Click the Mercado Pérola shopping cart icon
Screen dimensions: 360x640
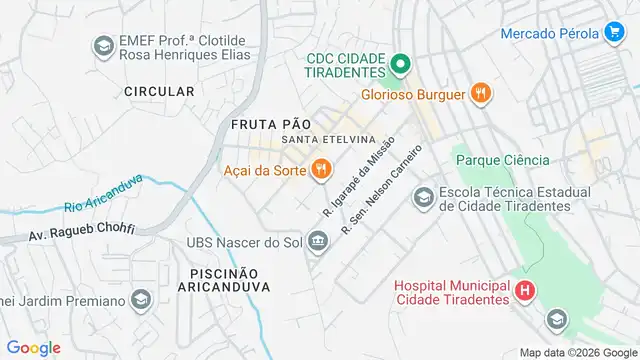coord(614,32)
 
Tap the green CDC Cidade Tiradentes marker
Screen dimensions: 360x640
coord(399,67)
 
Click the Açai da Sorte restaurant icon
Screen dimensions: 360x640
coord(321,169)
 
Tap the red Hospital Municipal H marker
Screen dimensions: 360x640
coord(525,291)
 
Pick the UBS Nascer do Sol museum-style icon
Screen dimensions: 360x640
coord(318,241)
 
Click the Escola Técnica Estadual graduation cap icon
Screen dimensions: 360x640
coord(423,198)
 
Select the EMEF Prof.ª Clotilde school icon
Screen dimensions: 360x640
coord(102,46)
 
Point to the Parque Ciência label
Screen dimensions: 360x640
coord(502,160)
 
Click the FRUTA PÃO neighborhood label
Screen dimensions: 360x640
coord(267,123)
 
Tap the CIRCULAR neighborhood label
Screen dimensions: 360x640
coord(159,91)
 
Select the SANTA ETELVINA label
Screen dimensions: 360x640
coord(328,139)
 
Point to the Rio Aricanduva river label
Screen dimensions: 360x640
coord(104,193)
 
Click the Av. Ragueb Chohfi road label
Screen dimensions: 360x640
coord(81,233)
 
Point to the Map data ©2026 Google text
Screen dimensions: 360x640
coord(577,352)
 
